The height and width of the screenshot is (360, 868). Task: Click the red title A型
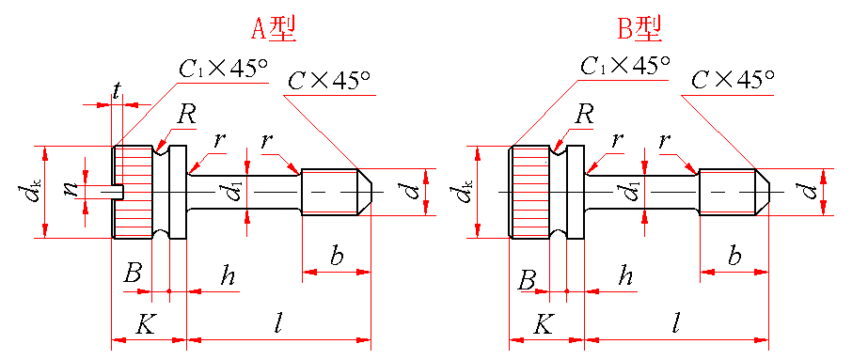coord(274,29)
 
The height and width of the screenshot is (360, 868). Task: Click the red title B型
coord(639,29)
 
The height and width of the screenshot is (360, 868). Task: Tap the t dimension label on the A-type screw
coord(117,91)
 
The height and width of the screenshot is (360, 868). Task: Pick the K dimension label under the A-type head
coord(146,325)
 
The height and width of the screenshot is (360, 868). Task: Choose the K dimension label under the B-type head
coord(543,325)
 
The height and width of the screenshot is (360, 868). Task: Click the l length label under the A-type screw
coord(280,324)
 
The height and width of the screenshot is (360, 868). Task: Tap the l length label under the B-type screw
coord(675,324)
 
